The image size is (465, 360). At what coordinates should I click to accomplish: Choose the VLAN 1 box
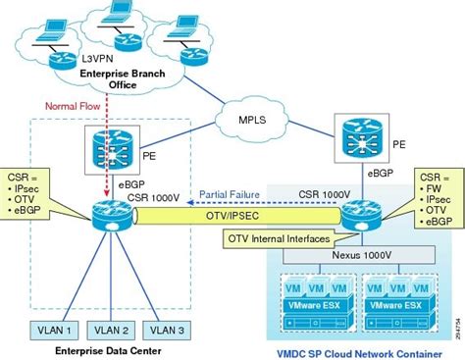[52, 329]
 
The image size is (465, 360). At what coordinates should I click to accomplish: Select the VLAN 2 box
[113, 329]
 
